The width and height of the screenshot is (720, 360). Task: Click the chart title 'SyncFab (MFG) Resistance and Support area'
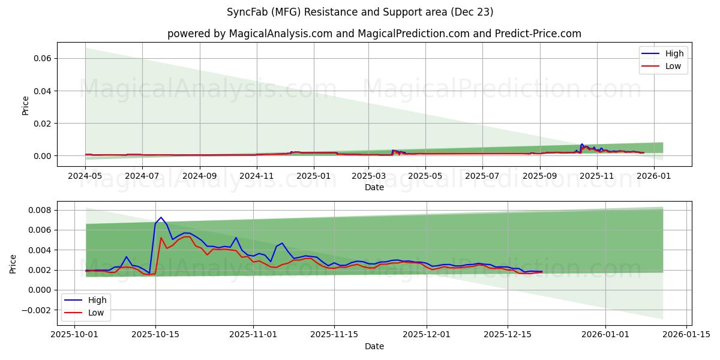(360, 12)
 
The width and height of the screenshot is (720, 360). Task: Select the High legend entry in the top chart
(664, 53)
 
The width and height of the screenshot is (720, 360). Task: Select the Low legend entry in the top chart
(664, 66)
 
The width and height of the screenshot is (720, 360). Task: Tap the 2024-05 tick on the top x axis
(85, 176)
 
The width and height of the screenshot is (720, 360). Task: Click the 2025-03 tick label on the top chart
(370, 176)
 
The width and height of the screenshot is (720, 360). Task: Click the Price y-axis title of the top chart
(25, 106)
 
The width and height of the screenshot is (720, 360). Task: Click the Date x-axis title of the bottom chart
(374, 346)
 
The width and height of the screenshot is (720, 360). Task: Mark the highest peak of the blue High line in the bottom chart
(161, 217)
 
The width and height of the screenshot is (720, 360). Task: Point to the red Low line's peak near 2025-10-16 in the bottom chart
(161, 238)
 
